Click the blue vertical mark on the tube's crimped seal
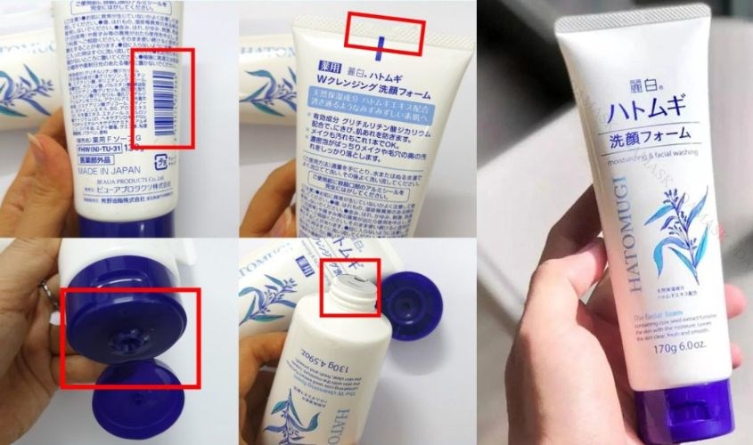[381, 44]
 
